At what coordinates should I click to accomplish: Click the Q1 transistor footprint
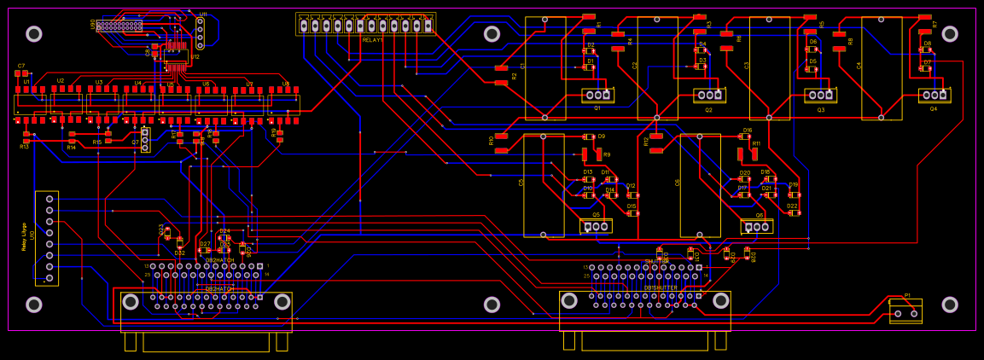597,94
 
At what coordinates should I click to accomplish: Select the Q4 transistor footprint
934,95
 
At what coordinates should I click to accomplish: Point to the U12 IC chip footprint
177,57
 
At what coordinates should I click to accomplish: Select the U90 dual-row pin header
119,26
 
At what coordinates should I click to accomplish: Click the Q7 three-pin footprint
145,140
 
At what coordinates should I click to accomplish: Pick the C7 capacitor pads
21,73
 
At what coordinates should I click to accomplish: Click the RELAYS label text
372,40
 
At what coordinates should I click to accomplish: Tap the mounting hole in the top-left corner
34,33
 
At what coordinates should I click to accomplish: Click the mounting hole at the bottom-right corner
949,305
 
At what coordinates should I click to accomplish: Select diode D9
588,136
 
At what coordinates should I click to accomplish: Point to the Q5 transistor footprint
596,226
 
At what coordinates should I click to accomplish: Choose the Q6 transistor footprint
756,227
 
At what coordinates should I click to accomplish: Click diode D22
794,212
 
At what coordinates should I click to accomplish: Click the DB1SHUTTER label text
661,287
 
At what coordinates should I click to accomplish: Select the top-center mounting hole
492,33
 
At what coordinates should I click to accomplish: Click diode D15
632,212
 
